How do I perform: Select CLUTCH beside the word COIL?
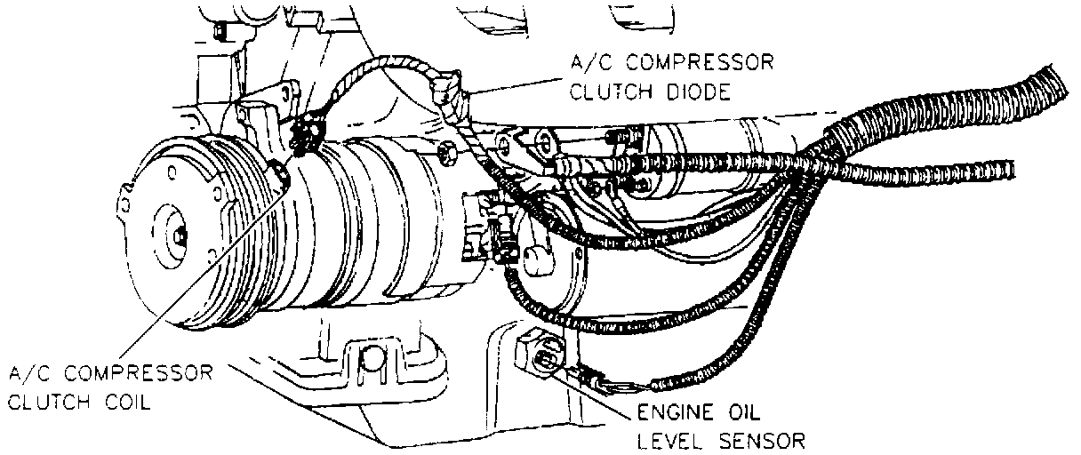coord(52,401)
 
